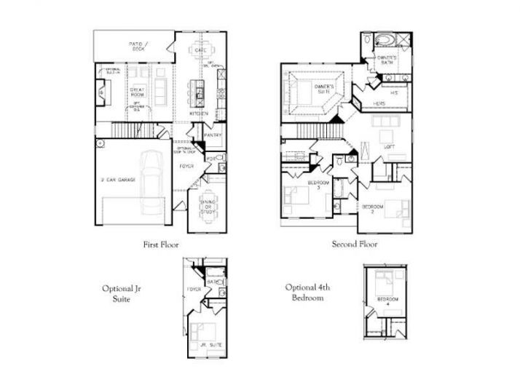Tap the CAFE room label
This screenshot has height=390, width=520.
(200, 49)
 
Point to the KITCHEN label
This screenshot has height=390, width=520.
(199, 114)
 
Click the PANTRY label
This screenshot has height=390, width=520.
(213, 135)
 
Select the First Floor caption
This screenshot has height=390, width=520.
(161, 245)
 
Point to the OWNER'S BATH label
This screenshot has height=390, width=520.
(387, 60)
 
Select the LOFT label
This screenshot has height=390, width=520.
(389, 147)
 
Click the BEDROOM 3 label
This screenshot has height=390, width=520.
(318, 184)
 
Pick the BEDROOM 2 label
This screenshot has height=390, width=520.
(373, 209)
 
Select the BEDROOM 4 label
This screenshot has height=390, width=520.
(387, 301)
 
